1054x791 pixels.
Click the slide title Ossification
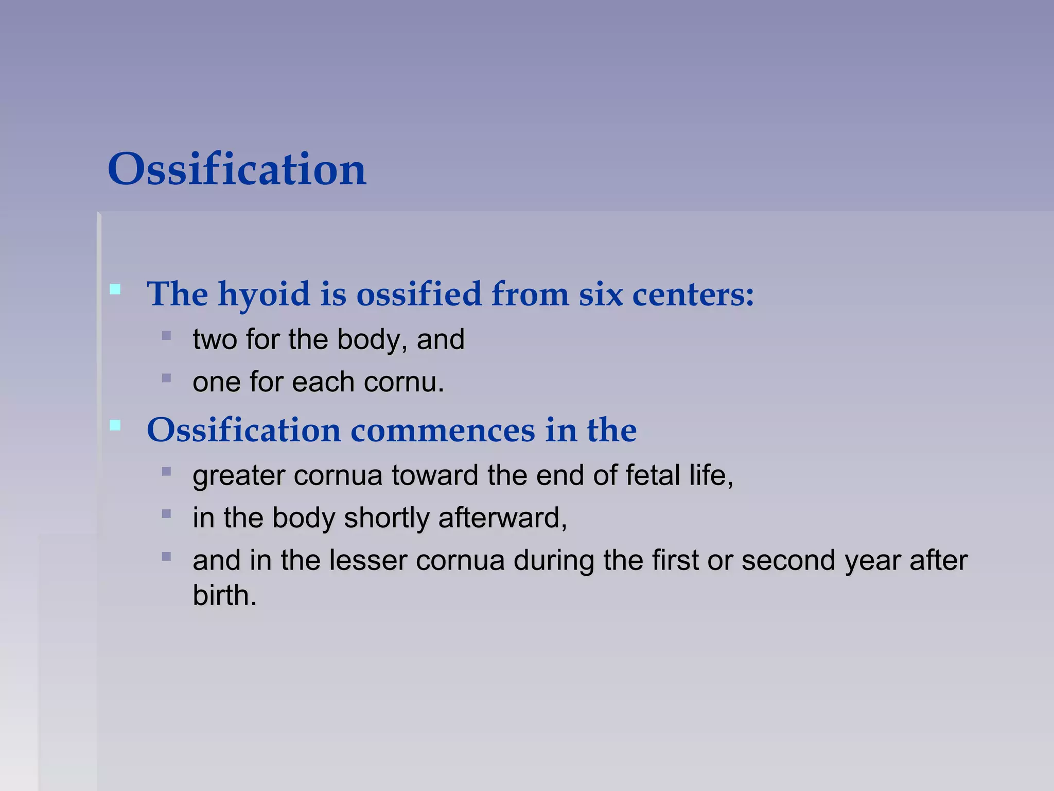click(237, 169)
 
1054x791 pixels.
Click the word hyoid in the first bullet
click(264, 295)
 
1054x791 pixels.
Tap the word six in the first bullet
click(600, 295)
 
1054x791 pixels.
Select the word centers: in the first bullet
click(693, 295)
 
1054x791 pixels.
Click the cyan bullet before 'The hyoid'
click(115, 289)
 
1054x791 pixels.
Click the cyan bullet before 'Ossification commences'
click(115, 425)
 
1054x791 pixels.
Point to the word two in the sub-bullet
click(215, 340)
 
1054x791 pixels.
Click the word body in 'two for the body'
click(368, 340)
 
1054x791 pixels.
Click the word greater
click(239, 475)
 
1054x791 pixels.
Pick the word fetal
click(653, 475)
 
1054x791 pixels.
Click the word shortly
click(387, 518)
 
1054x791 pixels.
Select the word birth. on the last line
click(224, 596)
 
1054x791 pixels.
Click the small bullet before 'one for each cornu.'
click(166, 379)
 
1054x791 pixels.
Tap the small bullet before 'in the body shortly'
click(166, 514)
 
